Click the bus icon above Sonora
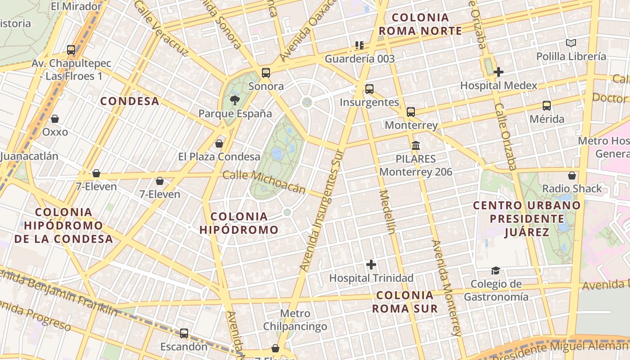(x=266, y=73)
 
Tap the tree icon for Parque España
(x=234, y=100)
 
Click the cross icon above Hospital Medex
(x=498, y=72)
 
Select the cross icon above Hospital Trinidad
(x=371, y=264)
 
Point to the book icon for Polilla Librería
(x=571, y=43)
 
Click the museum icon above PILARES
(x=416, y=145)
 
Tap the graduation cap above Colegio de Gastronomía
(x=495, y=270)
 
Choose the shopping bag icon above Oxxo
(x=55, y=119)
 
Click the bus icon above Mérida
(x=547, y=106)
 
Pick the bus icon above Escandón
(x=184, y=333)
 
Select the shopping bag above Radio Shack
(x=572, y=175)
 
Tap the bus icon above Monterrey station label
(x=411, y=112)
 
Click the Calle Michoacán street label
(x=264, y=182)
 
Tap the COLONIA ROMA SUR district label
(x=405, y=302)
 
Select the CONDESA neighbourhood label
(x=130, y=101)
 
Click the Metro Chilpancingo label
(x=295, y=319)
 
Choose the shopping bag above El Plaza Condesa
(x=219, y=144)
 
